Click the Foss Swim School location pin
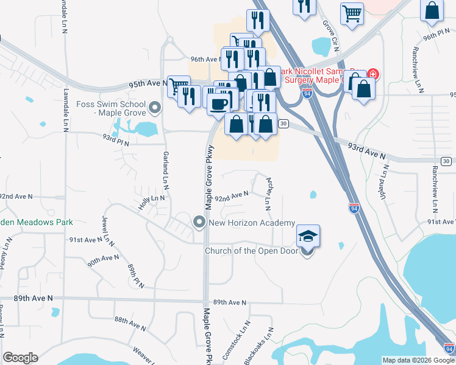click(155, 108)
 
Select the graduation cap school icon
click(308, 236)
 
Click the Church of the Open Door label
click(251, 251)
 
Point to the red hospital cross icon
click(372, 76)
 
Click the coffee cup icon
click(218, 102)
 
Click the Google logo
click(20, 358)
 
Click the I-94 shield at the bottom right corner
click(449, 349)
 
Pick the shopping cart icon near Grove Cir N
click(352, 13)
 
